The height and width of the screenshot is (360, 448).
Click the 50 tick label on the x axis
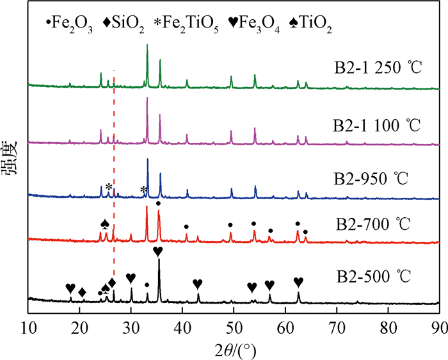pos(234,324)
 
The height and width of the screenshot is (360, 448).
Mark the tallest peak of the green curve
pos(147,45)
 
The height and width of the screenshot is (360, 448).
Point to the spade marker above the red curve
pos(105,224)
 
